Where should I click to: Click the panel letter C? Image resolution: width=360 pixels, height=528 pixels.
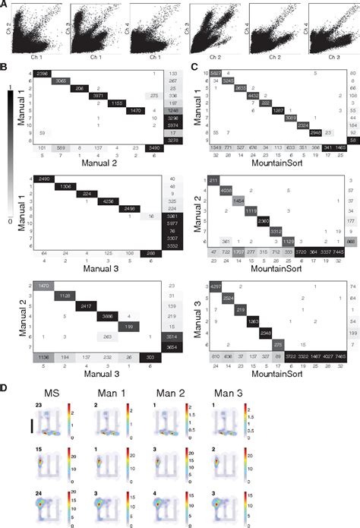(187, 67)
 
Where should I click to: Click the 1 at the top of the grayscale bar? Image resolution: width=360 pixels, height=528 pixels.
(8, 87)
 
